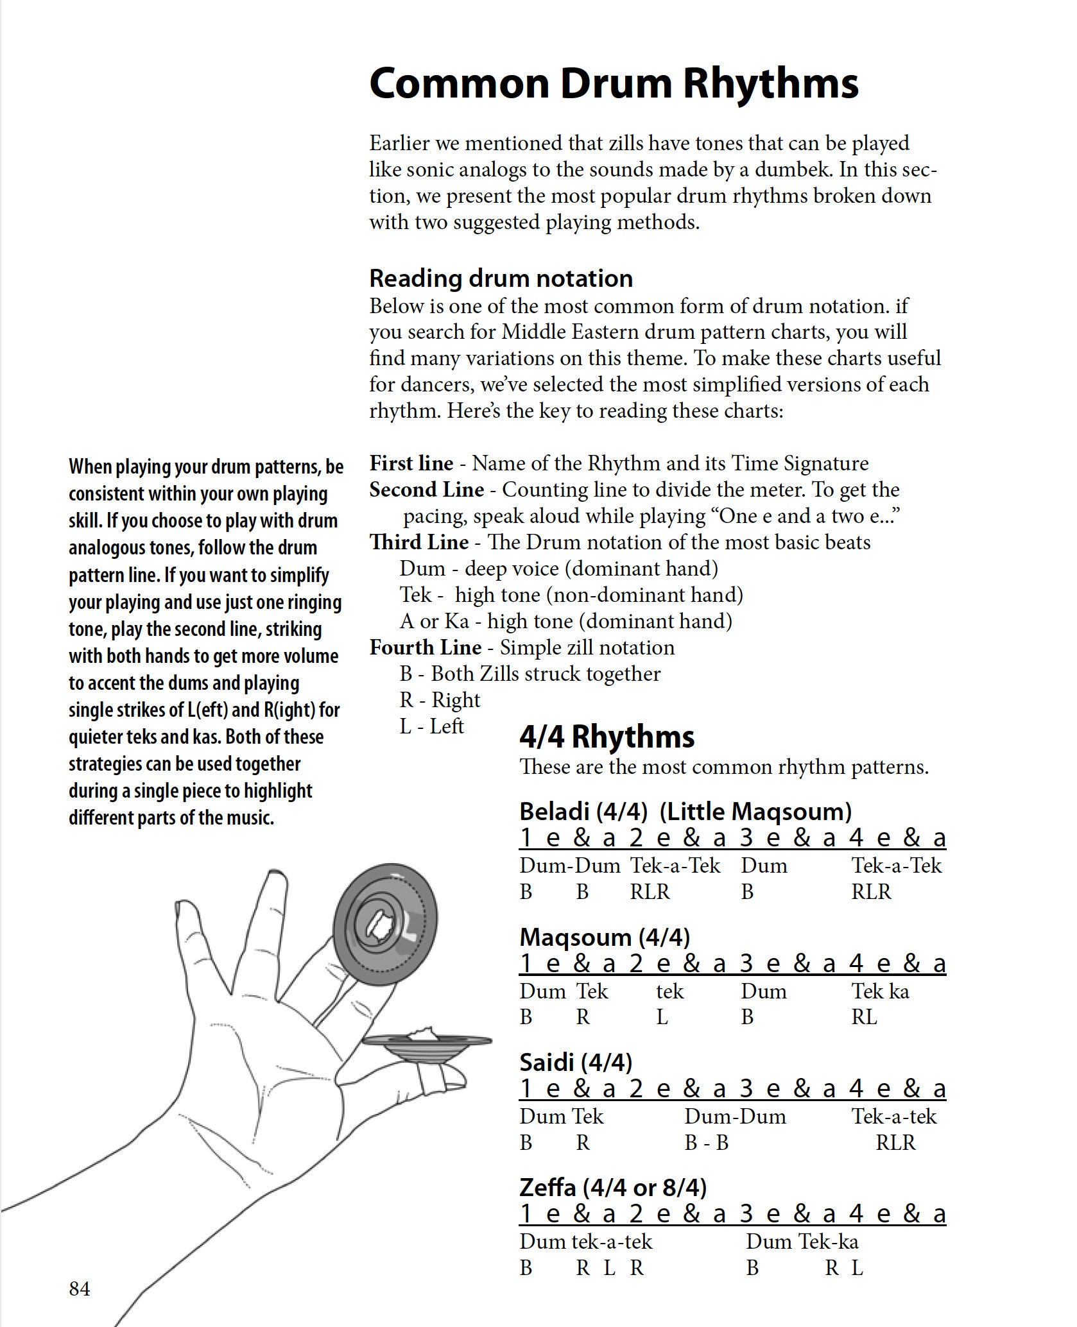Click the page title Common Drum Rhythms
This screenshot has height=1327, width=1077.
coord(614,84)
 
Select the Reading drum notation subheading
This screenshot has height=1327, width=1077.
coord(501,278)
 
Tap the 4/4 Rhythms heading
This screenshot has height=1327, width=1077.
coord(607,737)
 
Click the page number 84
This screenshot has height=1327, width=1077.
coord(80,1288)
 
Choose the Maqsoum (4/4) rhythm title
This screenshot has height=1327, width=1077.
coord(604,937)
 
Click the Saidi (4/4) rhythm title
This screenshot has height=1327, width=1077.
coord(575,1063)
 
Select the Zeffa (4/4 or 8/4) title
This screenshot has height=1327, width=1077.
coord(612,1188)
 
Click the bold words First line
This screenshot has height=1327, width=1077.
coord(411,463)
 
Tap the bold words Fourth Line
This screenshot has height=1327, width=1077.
coord(425,647)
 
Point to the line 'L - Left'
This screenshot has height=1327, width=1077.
coord(431,726)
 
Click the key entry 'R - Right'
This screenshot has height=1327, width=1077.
coord(440,700)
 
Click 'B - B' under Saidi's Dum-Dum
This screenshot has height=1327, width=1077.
coord(706,1143)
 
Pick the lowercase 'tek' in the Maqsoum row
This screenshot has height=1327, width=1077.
coord(669,991)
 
